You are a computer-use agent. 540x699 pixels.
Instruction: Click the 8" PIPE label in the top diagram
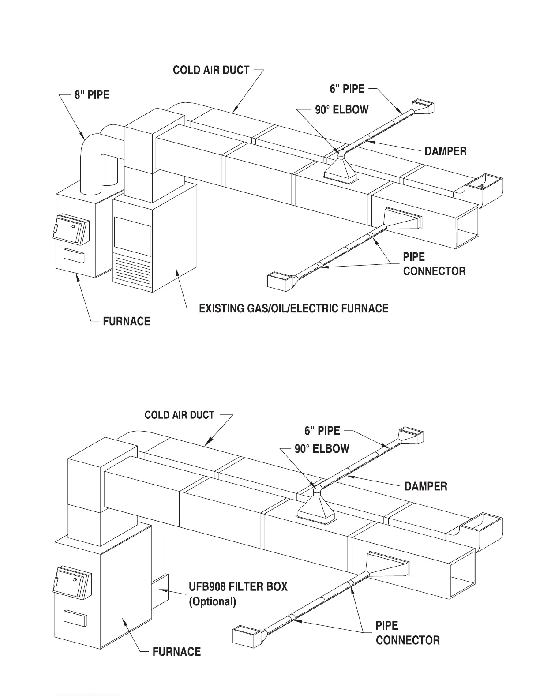pos(92,95)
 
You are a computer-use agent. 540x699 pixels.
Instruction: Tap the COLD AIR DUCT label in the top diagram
pos(211,71)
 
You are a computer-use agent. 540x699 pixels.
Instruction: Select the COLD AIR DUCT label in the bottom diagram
pos(180,415)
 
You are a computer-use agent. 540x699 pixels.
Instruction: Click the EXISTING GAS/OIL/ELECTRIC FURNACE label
pos(294,308)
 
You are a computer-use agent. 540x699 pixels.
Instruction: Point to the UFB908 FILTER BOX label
pos(238,587)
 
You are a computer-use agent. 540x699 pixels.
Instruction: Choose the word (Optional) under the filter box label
pos(212,601)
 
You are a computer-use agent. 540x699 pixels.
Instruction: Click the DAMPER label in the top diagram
pos(445,151)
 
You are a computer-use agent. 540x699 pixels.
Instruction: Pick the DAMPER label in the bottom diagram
pos(426,486)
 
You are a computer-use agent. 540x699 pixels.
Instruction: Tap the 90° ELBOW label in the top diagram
pos(341,109)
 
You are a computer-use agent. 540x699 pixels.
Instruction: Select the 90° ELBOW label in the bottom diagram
pos(322,449)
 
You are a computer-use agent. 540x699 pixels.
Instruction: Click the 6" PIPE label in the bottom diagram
pos(322,431)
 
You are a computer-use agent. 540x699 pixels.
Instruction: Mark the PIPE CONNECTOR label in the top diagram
pos(434,264)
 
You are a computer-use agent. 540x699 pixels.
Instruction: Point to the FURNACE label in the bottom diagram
pos(176,652)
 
